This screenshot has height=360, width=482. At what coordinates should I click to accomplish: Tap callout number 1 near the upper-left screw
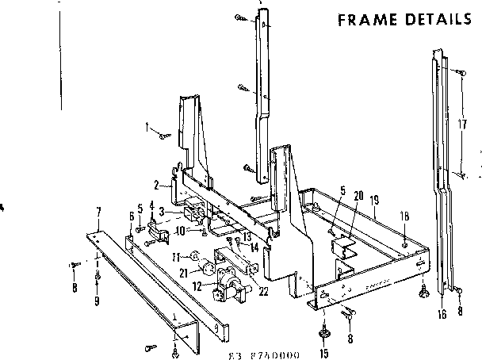pyautogui.click(x=147, y=125)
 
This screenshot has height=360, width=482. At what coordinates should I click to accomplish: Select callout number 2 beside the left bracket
pyautogui.click(x=157, y=186)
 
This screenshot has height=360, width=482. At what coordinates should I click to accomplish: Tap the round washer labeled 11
pyautogui.click(x=194, y=256)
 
